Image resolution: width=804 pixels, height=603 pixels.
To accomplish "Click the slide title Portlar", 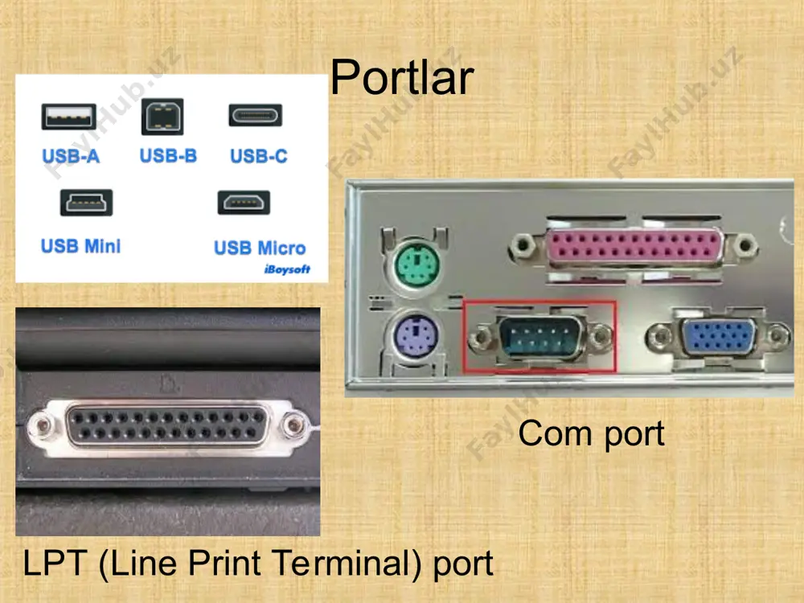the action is pyautogui.click(x=402, y=77).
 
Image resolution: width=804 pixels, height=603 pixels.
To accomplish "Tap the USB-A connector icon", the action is pyautogui.click(x=68, y=117).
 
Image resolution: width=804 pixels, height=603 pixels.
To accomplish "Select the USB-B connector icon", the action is pyautogui.click(x=162, y=117).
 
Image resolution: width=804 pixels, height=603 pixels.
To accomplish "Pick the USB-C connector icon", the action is pyautogui.click(x=256, y=115).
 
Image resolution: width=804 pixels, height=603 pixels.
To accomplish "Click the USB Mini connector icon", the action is pyautogui.click(x=86, y=203).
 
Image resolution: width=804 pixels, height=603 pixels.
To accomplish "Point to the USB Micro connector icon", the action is pyautogui.click(x=244, y=203).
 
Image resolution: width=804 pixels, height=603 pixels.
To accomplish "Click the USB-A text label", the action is pyautogui.click(x=71, y=156).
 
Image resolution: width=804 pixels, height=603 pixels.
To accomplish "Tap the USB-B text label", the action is pyautogui.click(x=168, y=155).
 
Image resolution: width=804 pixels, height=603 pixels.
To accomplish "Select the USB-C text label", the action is pyautogui.click(x=259, y=156).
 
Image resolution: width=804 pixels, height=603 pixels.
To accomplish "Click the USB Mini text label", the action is pyautogui.click(x=81, y=246).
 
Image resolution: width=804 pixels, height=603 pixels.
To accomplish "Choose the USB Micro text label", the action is pyautogui.click(x=260, y=248).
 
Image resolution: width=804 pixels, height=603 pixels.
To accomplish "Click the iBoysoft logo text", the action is pyautogui.click(x=287, y=269).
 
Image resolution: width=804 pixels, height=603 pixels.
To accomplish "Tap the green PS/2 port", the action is pyautogui.click(x=417, y=265).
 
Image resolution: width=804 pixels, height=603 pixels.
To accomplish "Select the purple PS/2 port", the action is pyautogui.click(x=416, y=337).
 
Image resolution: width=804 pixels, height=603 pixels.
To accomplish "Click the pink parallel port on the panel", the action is pyautogui.click(x=634, y=246).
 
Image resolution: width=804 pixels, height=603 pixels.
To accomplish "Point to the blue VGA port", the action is pyautogui.click(x=719, y=336).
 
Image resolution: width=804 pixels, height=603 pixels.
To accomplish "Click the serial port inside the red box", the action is pyautogui.click(x=540, y=336).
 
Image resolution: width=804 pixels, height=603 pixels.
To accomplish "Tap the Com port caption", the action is pyautogui.click(x=591, y=434).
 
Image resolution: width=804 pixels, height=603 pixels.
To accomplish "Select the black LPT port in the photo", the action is pyautogui.click(x=168, y=425).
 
